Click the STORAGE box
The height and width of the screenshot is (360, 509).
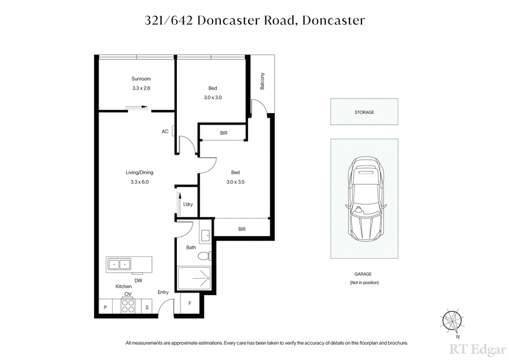364,112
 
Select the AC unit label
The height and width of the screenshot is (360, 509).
165,132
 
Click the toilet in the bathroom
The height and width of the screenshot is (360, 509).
204,256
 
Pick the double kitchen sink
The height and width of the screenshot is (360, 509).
119,263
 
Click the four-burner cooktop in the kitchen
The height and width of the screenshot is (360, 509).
127,307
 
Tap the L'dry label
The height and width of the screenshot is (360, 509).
188,204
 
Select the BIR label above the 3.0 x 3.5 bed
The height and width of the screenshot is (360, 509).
223,133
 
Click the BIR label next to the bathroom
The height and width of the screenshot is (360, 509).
242,228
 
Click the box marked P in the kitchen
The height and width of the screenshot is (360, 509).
104,307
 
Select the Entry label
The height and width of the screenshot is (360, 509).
164,293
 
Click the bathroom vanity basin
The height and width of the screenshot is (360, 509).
206,237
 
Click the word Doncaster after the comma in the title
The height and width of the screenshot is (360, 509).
335,20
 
